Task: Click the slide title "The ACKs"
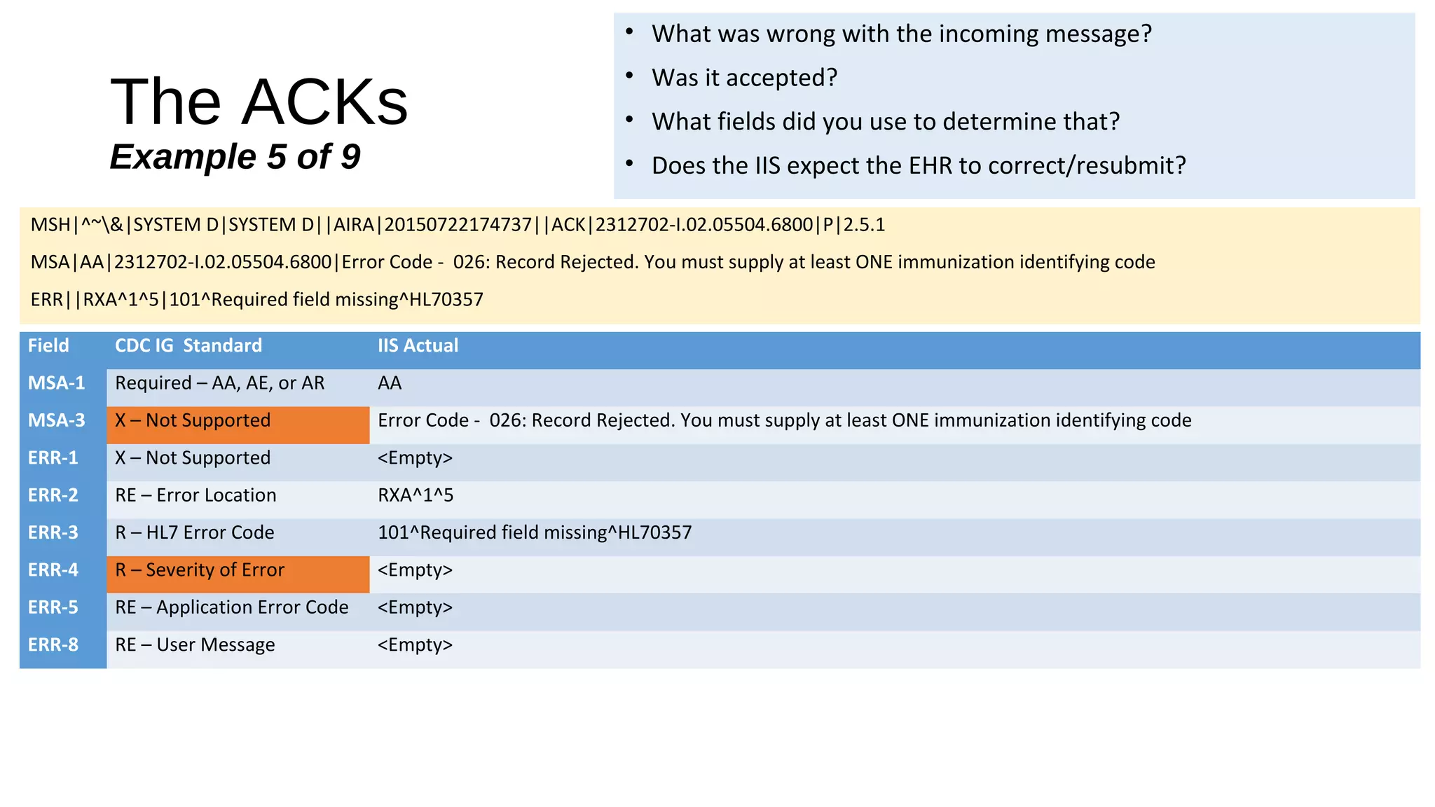(x=259, y=102)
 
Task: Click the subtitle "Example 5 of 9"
(x=235, y=156)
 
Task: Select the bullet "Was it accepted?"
(x=744, y=78)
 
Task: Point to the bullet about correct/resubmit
(x=918, y=166)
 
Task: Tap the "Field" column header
(x=48, y=345)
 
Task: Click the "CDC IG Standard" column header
(x=188, y=345)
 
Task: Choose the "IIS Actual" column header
(x=418, y=345)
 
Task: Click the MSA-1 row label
(x=56, y=383)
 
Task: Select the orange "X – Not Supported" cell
(x=193, y=420)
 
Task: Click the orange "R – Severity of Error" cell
(x=200, y=570)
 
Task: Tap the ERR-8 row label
(x=53, y=644)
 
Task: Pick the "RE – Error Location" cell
(x=195, y=495)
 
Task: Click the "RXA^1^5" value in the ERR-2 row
(x=416, y=495)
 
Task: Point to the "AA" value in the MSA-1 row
(x=390, y=383)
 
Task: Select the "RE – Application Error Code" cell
(x=231, y=607)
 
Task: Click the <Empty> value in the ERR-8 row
(x=415, y=644)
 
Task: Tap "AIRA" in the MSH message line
(x=354, y=225)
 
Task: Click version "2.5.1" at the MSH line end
(x=864, y=225)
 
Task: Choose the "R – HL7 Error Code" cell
(x=194, y=532)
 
